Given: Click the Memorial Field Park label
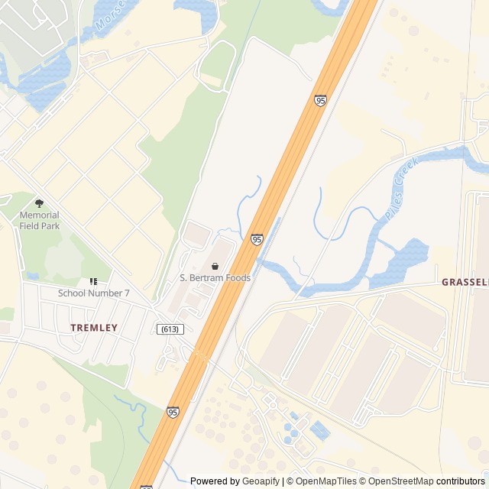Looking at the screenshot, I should pyautogui.click(x=39, y=221).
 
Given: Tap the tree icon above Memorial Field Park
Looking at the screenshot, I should pyautogui.click(x=40, y=203).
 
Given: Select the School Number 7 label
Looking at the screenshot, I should pyautogui.click(x=94, y=293).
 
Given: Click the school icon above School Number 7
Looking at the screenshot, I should pyautogui.click(x=94, y=282).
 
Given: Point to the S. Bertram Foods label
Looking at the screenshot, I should pyautogui.click(x=215, y=278).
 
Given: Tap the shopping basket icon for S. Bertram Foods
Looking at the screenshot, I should pyautogui.click(x=215, y=266).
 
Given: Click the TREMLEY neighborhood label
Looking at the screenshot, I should pyautogui.click(x=94, y=328).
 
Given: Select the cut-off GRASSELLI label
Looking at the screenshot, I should pyautogui.click(x=465, y=282).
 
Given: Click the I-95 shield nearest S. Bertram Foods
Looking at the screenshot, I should pyautogui.click(x=257, y=240).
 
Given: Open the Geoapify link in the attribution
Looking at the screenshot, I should pyautogui.click(x=261, y=481).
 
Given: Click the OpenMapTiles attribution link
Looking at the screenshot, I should pyautogui.click(x=326, y=481).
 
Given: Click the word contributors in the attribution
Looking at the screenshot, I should pyautogui.click(x=461, y=481).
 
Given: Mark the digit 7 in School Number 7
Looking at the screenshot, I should pyautogui.click(x=127, y=293).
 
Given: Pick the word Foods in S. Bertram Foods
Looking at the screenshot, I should pyautogui.click(x=237, y=278).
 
